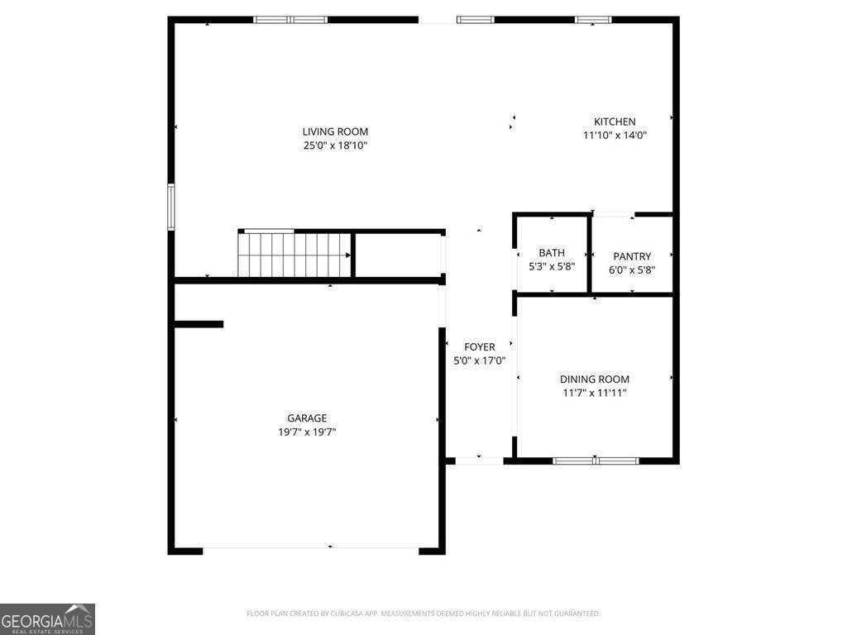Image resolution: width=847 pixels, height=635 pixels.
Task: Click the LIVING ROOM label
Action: [335, 131]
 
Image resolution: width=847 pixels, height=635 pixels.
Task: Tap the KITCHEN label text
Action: [615, 122]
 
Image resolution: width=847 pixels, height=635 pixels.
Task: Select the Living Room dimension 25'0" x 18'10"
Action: [335, 146]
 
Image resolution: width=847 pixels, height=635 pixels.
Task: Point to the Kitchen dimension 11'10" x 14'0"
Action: [615, 136]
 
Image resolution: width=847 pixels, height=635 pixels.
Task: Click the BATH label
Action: [552, 253]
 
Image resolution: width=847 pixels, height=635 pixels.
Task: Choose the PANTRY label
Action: [632, 256]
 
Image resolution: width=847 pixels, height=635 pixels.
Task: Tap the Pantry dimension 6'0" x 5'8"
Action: [632, 270]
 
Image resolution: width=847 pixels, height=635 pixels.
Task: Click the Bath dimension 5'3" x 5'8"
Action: [552, 266]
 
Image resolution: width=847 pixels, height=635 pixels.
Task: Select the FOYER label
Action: [480, 347]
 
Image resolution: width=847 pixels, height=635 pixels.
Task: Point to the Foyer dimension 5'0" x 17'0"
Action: [480, 360]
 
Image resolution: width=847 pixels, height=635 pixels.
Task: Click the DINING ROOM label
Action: [595, 380]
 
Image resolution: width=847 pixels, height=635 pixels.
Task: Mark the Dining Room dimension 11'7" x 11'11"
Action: [595, 393]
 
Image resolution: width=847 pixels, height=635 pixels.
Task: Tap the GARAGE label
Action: [307, 418]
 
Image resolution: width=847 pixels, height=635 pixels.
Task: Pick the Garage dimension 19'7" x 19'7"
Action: [307, 432]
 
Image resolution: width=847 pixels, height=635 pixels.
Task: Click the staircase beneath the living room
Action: [294, 255]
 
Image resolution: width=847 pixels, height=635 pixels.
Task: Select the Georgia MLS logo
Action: [47, 619]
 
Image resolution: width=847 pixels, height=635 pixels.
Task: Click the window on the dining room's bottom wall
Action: [596, 461]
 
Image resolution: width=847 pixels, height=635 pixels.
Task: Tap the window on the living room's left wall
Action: [171, 207]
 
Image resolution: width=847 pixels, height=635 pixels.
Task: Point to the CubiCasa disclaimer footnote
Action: [423, 614]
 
